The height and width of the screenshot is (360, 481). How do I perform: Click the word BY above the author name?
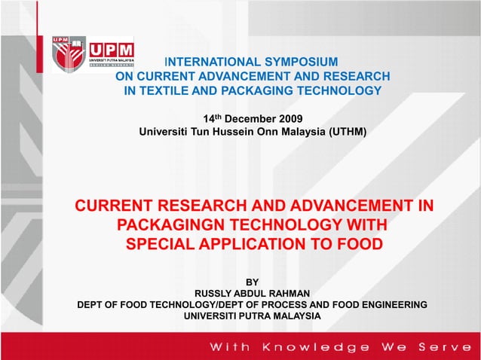[x=253, y=281]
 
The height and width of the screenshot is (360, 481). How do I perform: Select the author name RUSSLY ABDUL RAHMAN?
[x=253, y=292]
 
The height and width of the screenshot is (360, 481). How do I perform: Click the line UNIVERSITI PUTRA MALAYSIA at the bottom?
[x=253, y=316]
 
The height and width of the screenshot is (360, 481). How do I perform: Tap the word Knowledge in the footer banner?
[x=316, y=347]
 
